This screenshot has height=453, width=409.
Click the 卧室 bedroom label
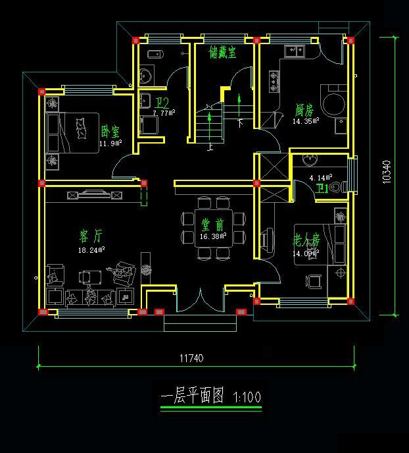tap(110, 132)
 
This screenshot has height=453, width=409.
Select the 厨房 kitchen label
tap(304, 110)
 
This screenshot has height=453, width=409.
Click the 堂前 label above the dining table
tap(211, 225)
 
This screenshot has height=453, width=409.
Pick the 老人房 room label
tap(306, 240)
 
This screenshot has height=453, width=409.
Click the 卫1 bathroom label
tap(322, 189)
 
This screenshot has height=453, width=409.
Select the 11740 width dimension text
tap(191, 359)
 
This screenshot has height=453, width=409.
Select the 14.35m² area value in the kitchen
tap(306, 121)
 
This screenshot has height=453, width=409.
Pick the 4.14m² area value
tap(321, 178)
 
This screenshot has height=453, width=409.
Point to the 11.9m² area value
tap(110, 143)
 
